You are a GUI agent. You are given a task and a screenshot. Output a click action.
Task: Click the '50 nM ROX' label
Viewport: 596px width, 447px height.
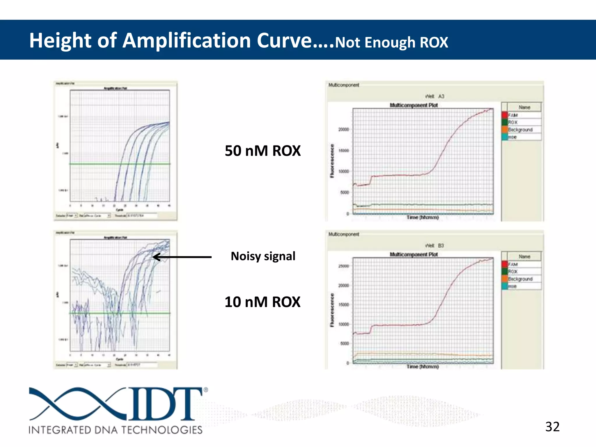coord(262,151)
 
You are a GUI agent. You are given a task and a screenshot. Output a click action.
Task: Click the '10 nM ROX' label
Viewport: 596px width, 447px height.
coord(262,302)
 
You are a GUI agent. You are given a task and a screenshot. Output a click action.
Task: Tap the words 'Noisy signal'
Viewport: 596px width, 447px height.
coord(263,256)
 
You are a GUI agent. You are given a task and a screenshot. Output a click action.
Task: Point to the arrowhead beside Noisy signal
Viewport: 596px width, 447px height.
coord(156,257)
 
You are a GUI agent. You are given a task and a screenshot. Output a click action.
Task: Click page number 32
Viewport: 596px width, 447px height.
coord(552,427)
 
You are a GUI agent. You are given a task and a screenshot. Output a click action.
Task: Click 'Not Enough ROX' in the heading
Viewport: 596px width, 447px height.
coord(391,42)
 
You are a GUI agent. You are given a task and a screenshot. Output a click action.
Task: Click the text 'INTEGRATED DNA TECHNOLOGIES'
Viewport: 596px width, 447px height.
coord(116,430)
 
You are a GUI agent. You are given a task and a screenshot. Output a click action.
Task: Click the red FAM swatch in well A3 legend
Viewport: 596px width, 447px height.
coord(505,115)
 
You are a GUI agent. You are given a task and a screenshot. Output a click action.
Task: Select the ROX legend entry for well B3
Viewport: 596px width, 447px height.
coord(513,272)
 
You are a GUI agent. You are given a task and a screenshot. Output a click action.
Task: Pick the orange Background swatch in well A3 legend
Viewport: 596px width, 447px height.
coord(505,130)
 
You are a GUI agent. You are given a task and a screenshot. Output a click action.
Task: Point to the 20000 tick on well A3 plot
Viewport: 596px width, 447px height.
coord(343,129)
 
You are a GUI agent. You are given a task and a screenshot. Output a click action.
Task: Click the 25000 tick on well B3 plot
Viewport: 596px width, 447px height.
coord(343,266)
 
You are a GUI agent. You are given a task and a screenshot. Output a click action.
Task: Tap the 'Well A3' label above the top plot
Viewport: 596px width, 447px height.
coord(434,96)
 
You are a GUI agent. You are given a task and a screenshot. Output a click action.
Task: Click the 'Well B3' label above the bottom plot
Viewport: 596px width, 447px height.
coord(434,246)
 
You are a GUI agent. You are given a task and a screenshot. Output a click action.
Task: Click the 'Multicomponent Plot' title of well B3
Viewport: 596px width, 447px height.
coord(414,254)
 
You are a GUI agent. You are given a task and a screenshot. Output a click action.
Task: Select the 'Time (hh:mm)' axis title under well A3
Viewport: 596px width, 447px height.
coord(423,217)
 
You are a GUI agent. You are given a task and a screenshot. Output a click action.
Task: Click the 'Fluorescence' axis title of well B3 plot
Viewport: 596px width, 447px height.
coord(332,310)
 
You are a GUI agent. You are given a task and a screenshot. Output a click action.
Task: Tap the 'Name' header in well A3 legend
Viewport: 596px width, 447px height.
coord(524,107)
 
